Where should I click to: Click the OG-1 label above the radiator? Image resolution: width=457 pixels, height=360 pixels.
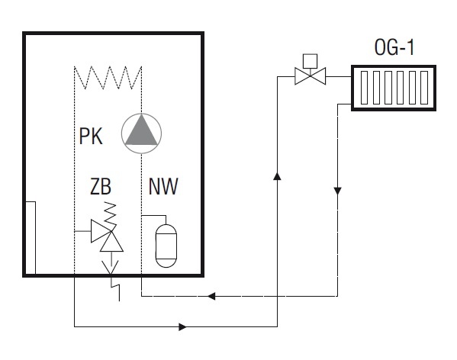point(394,47)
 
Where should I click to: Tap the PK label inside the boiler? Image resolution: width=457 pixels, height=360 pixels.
point(91,136)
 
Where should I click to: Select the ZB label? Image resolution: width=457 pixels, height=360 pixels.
point(101,186)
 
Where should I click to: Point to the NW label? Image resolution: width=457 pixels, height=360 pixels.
point(163,186)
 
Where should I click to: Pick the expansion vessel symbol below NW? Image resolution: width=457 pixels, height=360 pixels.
point(166,246)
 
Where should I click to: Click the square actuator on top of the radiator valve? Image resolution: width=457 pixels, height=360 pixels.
point(310,61)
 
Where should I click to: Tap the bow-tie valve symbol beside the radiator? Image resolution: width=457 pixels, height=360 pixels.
point(310,76)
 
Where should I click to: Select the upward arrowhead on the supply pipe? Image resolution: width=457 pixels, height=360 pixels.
point(277,176)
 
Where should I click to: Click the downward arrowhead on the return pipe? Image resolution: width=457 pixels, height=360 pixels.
point(337,191)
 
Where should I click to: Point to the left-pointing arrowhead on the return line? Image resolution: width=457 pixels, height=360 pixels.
point(211,296)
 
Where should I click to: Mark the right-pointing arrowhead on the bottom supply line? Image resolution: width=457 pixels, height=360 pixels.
point(183,326)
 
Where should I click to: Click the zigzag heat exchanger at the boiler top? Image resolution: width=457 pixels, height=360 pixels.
point(108,78)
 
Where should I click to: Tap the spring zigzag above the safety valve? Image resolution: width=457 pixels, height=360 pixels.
point(111,213)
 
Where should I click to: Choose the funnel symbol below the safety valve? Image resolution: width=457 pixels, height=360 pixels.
point(110,267)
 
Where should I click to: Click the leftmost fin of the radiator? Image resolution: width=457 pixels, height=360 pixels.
point(364,88)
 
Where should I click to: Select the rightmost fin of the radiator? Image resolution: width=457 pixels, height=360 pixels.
point(424,88)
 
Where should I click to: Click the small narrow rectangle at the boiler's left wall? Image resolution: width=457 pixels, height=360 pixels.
point(31,238)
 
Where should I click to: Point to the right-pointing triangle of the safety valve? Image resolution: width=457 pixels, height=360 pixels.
point(101,231)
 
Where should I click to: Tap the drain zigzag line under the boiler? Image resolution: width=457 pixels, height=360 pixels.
point(115,288)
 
